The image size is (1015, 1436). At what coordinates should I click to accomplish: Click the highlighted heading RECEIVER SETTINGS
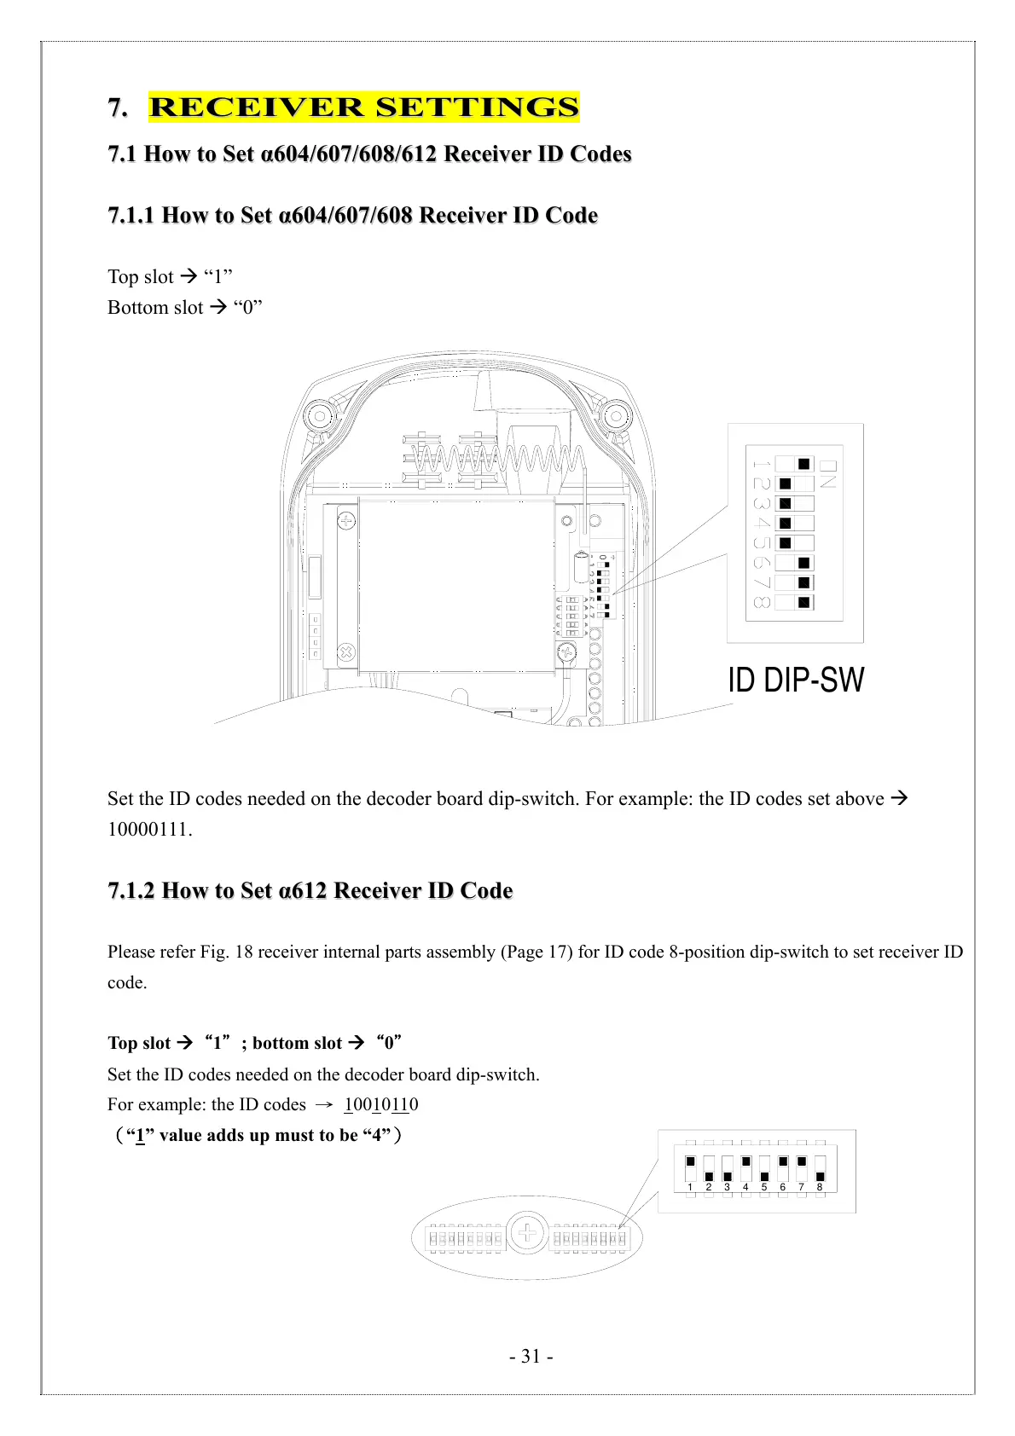click(x=363, y=107)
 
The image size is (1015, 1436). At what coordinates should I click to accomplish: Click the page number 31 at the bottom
click(x=531, y=1356)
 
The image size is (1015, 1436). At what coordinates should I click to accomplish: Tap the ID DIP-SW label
click(x=795, y=680)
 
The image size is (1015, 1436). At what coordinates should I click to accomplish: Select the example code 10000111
click(x=148, y=829)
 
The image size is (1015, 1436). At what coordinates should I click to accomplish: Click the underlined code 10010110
click(x=381, y=1104)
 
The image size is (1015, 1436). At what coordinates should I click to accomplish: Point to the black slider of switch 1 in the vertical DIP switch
click(x=803, y=464)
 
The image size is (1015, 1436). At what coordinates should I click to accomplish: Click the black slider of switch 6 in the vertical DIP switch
click(x=803, y=563)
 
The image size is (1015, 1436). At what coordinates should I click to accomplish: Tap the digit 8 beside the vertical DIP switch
click(x=762, y=603)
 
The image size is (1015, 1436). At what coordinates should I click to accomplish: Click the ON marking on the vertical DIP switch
click(x=828, y=473)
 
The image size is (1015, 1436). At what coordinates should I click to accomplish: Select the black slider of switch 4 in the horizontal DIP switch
click(x=746, y=1161)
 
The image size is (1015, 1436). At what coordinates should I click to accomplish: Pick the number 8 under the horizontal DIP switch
click(x=820, y=1187)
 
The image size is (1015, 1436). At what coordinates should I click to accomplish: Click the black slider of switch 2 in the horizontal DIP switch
click(x=709, y=1177)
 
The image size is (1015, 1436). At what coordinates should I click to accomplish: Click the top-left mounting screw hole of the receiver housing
click(x=320, y=417)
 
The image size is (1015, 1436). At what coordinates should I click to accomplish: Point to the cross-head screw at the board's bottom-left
click(x=346, y=653)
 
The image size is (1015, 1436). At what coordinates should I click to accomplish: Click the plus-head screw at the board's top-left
click(x=346, y=518)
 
